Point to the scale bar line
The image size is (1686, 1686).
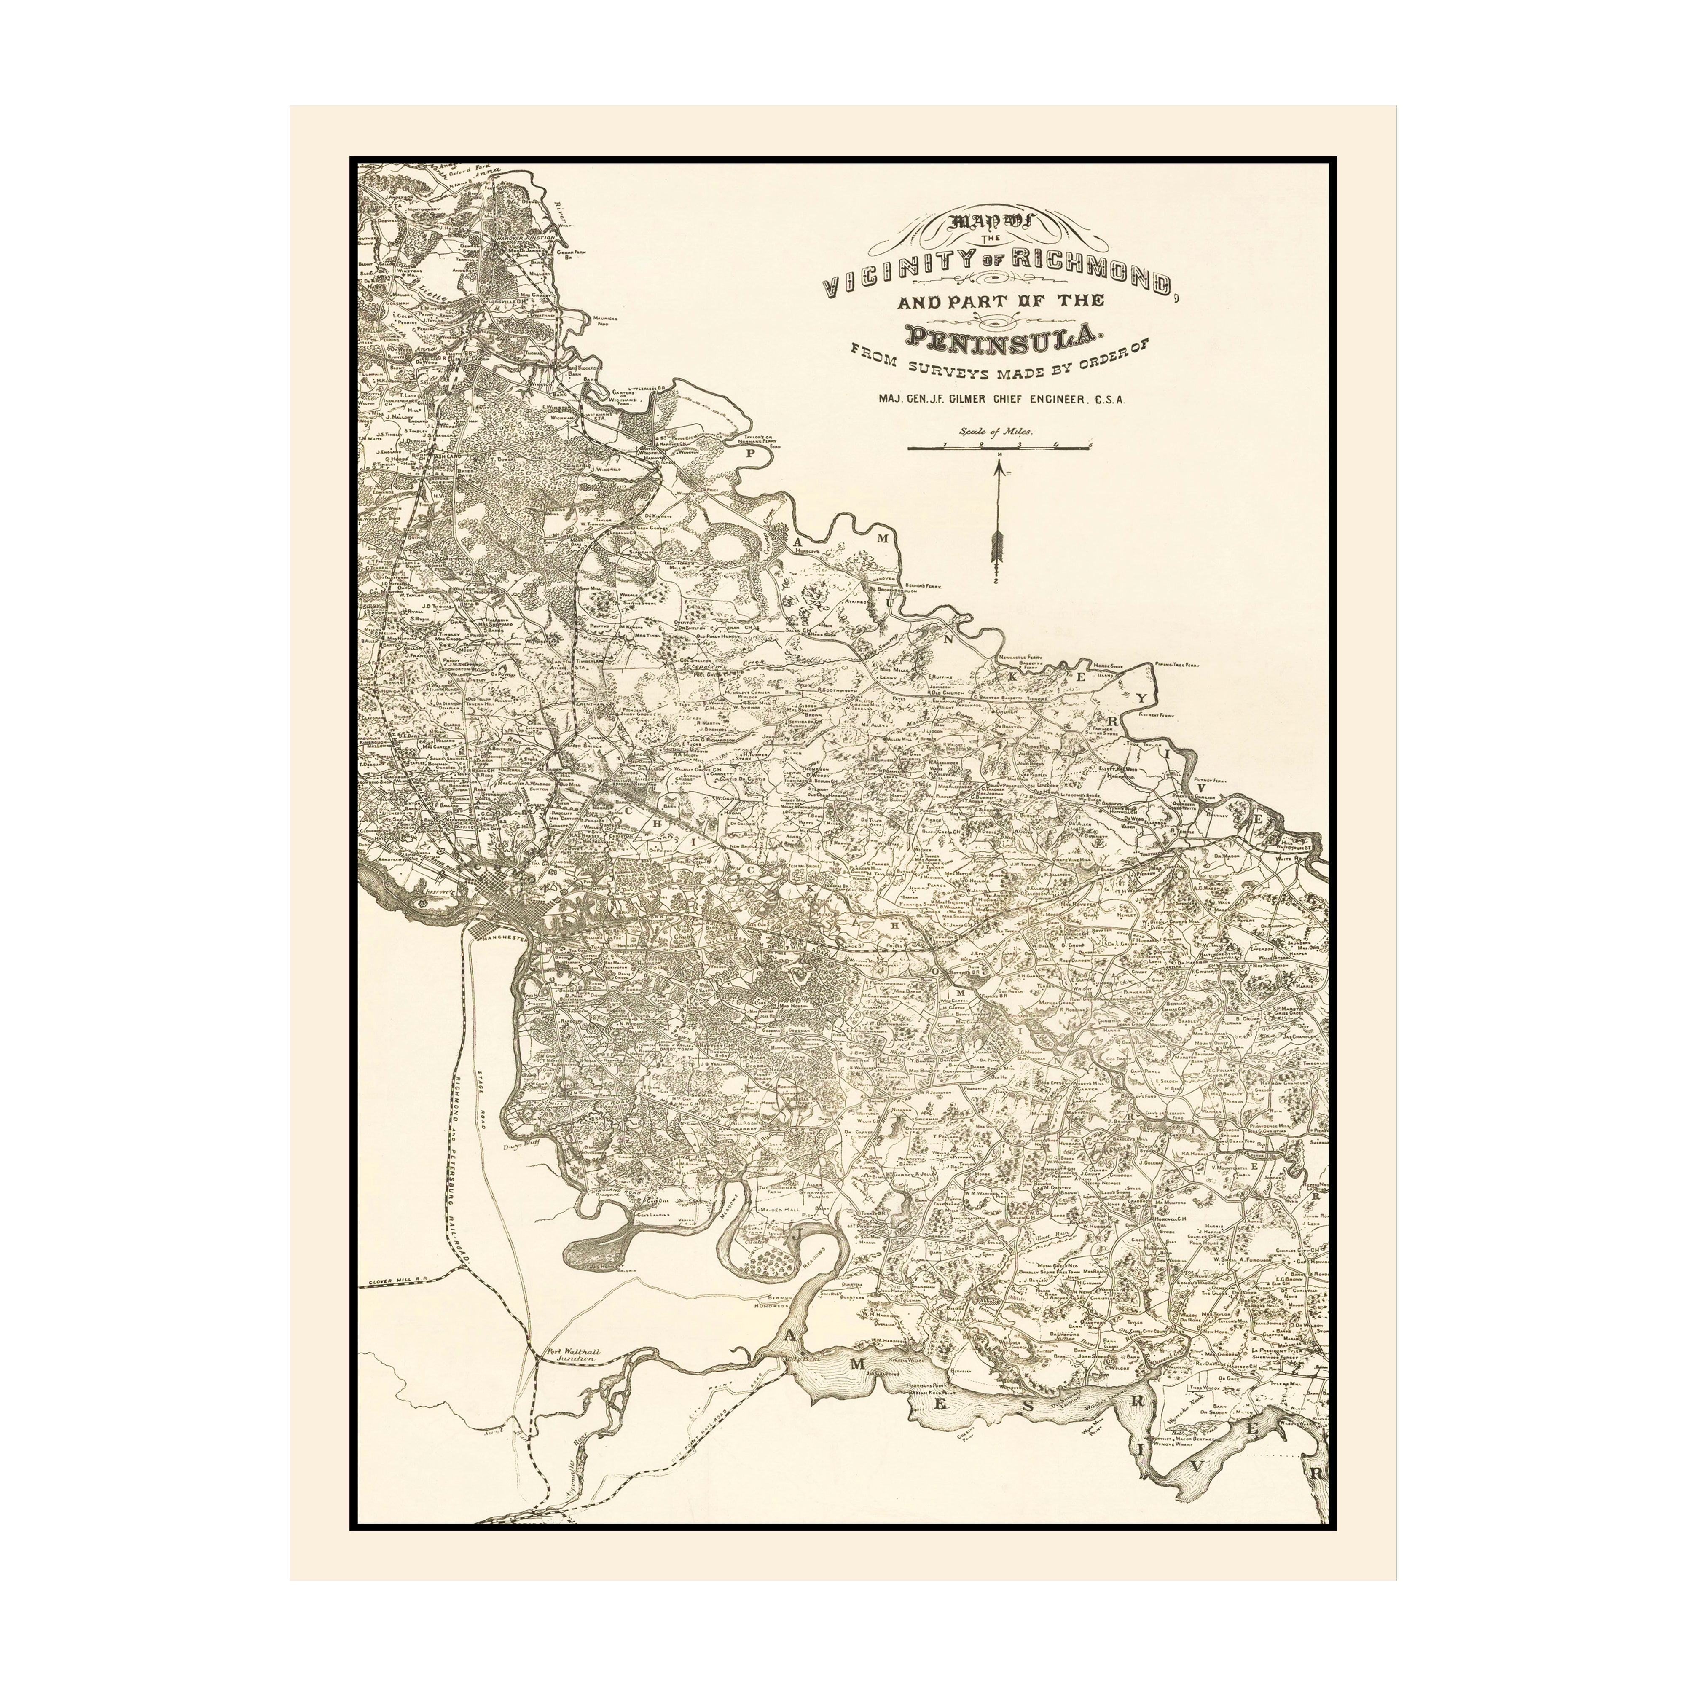[x=999, y=447]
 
